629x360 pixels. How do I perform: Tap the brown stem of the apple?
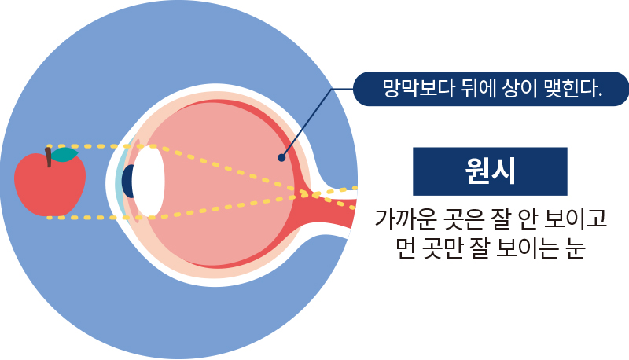[x=49, y=156]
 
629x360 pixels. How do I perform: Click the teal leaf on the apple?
[x=66, y=155]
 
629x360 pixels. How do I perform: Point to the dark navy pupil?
[x=127, y=181]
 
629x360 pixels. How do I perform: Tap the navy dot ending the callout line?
[x=281, y=157]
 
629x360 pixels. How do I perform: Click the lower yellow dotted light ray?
[x=220, y=207]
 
